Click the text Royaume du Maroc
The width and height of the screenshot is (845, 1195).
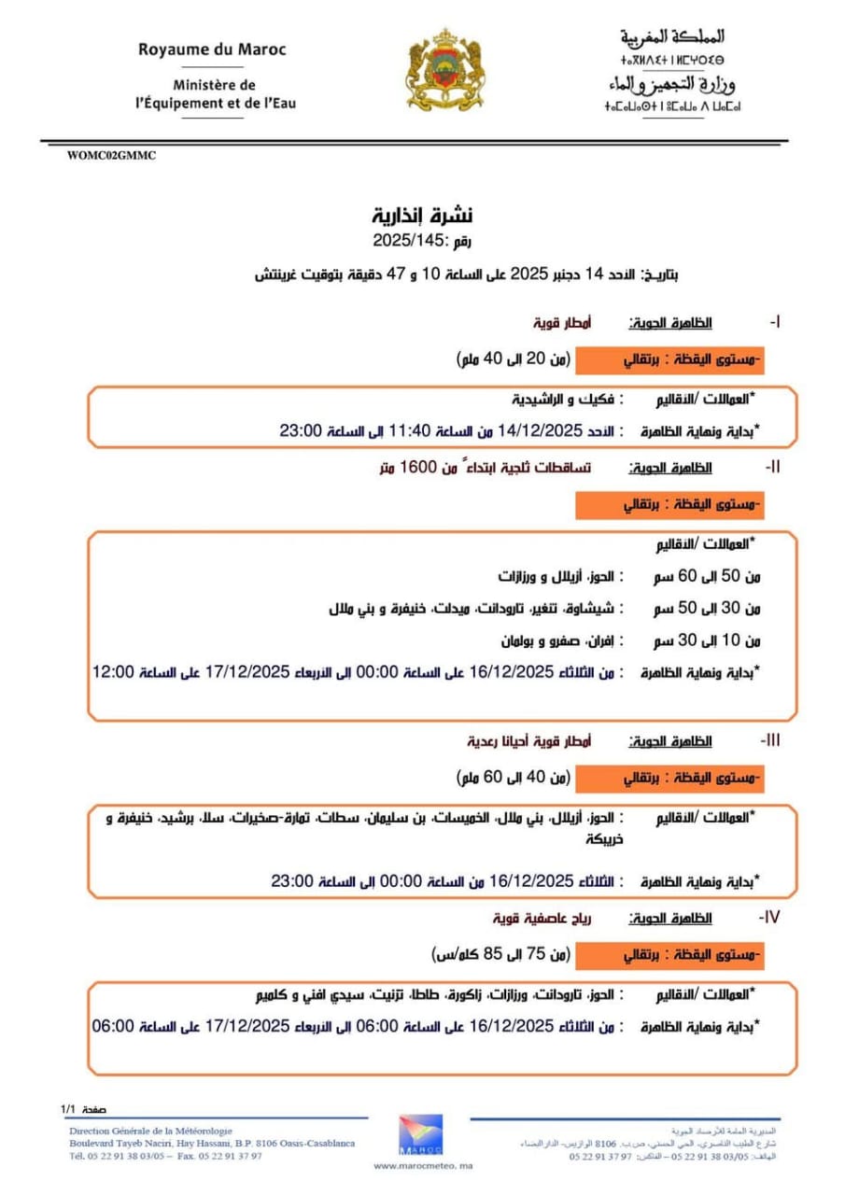tap(212, 49)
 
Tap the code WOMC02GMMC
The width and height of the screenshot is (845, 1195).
tap(111, 156)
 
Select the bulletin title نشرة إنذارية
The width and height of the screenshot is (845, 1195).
tap(423, 216)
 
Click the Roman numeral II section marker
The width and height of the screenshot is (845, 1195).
tap(773, 465)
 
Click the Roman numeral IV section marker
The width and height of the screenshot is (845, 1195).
tap(771, 918)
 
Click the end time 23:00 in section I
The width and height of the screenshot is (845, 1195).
tap(300, 430)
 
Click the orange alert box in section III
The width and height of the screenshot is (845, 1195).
tap(668, 777)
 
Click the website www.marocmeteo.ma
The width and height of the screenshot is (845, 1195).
tap(423, 1165)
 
